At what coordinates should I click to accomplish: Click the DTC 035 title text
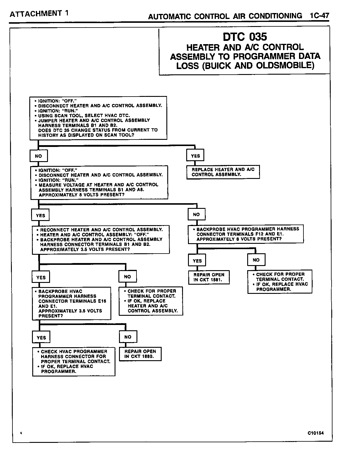(x=245, y=37)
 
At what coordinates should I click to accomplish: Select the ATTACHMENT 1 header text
(x=39, y=14)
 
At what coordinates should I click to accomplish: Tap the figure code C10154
(x=316, y=433)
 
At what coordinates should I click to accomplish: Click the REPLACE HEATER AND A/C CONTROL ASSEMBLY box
(x=223, y=172)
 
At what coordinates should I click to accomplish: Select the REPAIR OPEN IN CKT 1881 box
(x=209, y=277)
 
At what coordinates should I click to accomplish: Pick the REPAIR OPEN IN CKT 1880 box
(x=140, y=354)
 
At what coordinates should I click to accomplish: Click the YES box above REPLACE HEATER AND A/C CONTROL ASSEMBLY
(x=195, y=156)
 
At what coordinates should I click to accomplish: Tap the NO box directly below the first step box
(x=38, y=156)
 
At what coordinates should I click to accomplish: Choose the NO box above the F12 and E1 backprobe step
(x=196, y=214)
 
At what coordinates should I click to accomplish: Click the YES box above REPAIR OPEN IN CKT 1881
(x=197, y=261)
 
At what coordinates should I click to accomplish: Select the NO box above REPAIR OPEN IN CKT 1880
(x=128, y=337)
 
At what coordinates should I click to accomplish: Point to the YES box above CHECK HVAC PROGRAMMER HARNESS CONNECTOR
(x=41, y=338)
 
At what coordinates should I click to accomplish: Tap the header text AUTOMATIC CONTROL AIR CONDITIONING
(x=225, y=16)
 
